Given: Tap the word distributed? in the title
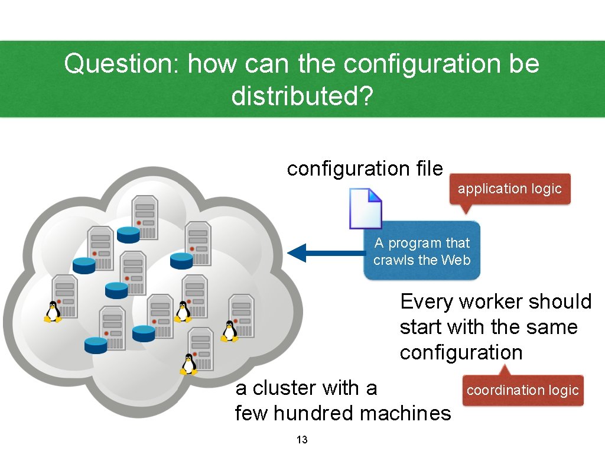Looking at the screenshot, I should (302, 96).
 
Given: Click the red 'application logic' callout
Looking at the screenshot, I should (509, 189).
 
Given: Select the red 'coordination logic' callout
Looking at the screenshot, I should (522, 390).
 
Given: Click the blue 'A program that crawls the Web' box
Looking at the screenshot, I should (422, 251).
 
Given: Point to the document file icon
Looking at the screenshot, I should (365, 208).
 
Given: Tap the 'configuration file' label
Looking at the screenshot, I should (365, 169).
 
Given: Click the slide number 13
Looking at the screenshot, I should (302, 440).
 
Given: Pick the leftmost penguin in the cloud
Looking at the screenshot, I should (53, 312).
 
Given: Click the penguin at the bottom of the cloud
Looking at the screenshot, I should (188, 364).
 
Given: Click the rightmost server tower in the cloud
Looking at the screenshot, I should (242, 315).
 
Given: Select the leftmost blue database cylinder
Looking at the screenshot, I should (84, 265).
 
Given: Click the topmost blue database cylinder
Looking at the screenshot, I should (128, 235).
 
